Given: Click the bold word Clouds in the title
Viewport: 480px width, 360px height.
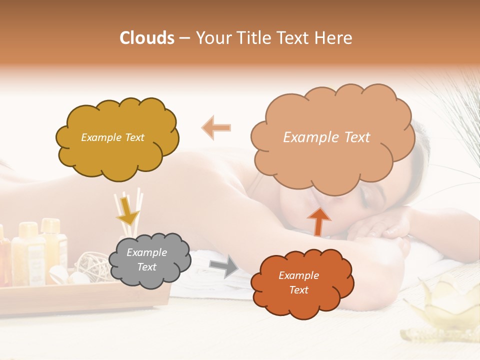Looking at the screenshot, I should click(x=147, y=38).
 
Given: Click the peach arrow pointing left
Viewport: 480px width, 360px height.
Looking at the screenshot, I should click(x=216, y=127).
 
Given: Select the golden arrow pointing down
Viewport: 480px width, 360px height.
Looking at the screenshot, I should click(x=127, y=212).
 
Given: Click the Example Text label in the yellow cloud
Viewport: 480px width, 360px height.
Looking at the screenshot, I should click(x=112, y=137).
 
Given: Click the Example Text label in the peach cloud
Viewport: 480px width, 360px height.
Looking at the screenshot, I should click(x=326, y=137).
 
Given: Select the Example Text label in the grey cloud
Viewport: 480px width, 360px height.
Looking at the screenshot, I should click(x=146, y=259).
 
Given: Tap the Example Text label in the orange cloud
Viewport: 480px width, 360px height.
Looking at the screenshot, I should click(x=298, y=282).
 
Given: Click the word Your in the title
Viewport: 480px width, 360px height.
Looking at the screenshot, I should click(x=212, y=38).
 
